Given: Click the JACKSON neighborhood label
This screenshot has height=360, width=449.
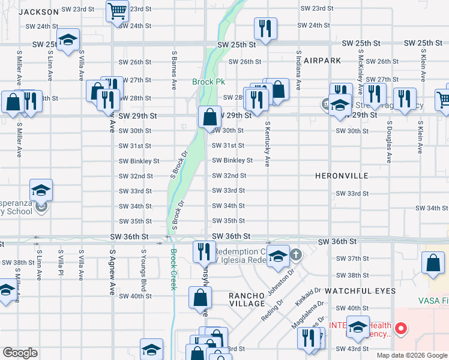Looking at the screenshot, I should (x=42, y=11).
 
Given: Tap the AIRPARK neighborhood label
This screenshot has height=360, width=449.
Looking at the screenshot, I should (x=322, y=61).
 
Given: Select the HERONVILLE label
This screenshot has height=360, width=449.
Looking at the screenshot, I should (x=342, y=176).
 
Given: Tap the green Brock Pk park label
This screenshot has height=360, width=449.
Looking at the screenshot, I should (x=208, y=82).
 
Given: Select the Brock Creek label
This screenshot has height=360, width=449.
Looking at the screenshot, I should (x=173, y=269).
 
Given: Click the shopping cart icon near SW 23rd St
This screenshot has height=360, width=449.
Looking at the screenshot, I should (x=117, y=10).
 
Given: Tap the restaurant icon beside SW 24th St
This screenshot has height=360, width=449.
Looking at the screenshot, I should (x=264, y=27).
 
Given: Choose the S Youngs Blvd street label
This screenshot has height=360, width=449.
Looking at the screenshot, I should (x=143, y=265).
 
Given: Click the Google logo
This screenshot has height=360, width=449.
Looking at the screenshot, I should (x=20, y=353).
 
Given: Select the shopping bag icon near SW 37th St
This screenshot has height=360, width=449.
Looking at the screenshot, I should (x=433, y=262).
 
